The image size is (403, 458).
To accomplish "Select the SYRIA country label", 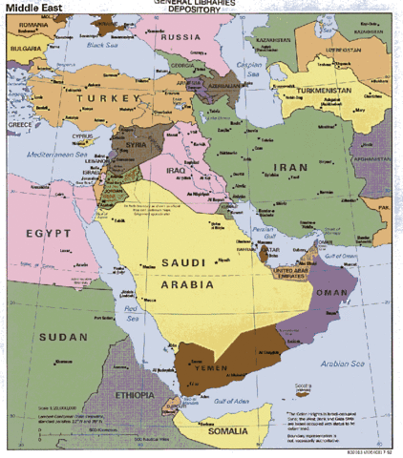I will coord(137,145).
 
